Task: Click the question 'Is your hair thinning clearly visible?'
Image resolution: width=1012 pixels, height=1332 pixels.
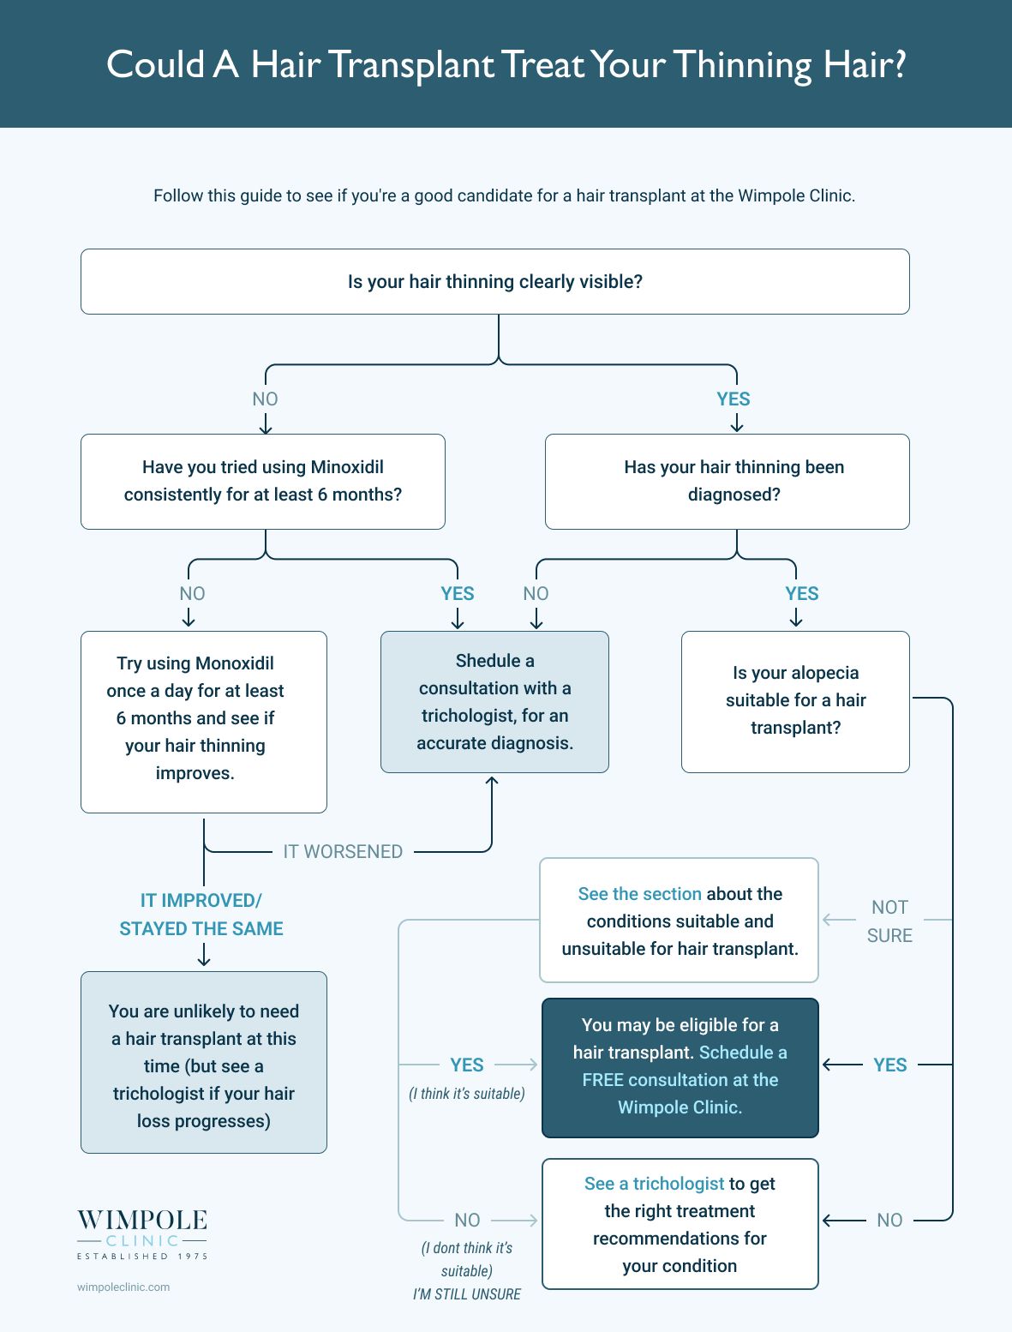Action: point(494,281)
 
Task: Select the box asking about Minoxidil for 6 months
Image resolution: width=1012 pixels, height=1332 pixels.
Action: point(263,481)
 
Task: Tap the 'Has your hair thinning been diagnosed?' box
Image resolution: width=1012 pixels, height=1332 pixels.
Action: point(727,481)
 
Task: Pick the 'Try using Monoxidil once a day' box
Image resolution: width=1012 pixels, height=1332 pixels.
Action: point(204,722)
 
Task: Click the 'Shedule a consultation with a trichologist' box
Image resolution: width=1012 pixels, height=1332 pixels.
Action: point(494,701)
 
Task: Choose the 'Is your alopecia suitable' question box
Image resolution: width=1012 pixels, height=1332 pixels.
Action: point(795,701)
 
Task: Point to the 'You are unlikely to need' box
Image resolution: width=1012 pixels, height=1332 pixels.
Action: point(204,1062)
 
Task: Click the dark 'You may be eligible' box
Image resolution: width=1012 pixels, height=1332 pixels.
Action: point(680,1067)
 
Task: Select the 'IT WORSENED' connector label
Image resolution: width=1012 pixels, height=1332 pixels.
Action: point(343,851)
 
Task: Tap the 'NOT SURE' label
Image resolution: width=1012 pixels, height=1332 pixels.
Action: point(889,921)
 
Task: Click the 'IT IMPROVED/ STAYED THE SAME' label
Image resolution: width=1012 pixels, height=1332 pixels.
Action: point(201,915)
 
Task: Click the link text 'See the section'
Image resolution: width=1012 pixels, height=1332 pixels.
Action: point(639,893)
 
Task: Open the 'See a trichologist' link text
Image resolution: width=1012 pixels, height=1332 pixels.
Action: point(654,1183)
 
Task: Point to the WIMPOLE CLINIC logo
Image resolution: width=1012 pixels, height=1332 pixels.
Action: point(142,1234)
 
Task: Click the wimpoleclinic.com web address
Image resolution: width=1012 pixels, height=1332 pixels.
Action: point(123,1287)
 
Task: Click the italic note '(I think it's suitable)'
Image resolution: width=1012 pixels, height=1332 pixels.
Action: point(466,1094)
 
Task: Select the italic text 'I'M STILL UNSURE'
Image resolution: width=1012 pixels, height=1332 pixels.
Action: point(466,1294)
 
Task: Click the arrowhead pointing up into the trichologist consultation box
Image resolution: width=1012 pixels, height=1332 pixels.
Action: point(492,782)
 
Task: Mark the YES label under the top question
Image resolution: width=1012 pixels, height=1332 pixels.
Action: point(733,399)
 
